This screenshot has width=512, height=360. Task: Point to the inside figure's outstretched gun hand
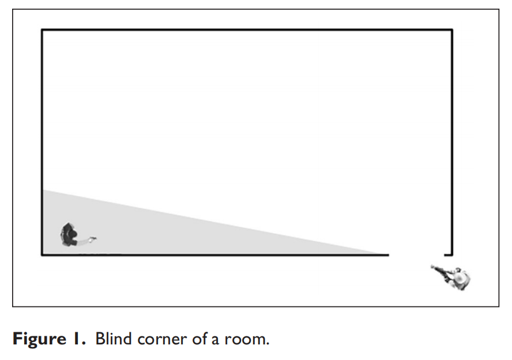pyautogui.click(x=93, y=239)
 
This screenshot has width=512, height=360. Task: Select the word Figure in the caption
pyautogui.click(x=39, y=339)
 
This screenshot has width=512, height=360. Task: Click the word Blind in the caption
pyautogui.click(x=114, y=339)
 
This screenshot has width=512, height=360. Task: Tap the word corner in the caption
pyautogui.click(x=162, y=340)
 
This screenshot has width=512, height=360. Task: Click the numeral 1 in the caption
pyautogui.click(x=77, y=339)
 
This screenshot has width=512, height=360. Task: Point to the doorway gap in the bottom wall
pyautogui.click(x=416, y=254)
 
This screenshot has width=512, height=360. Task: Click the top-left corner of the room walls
pyautogui.click(x=42, y=30)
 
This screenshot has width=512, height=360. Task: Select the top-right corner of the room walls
pyautogui.click(x=452, y=30)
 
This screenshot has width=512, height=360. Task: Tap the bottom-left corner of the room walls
pyautogui.click(x=42, y=254)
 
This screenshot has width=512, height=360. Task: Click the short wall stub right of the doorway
pyautogui.click(x=448, y=254)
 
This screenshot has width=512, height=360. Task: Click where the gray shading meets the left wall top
pyautogui.click(x=43, y=190)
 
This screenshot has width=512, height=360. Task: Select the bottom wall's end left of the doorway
pyautogui.click(x=389, y=254)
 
